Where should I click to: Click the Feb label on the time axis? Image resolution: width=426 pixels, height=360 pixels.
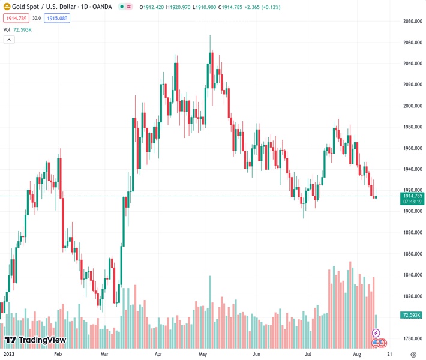58,354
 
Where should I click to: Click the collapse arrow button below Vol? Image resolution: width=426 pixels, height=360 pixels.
9,40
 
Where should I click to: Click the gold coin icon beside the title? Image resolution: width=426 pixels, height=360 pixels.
6,7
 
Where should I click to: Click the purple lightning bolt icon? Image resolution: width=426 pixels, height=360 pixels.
376,332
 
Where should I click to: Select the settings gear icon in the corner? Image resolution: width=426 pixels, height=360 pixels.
413,354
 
